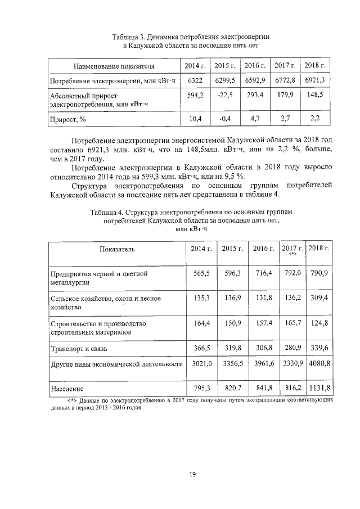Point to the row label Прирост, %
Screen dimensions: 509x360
click(x=70, y=119)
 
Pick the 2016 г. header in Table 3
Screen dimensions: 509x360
click(x=255, y=66)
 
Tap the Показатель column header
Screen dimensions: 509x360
click(x=117, y=249)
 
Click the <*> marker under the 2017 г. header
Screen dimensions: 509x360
click(x=292, y=254)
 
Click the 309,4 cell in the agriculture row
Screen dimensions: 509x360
click(x=319, y=298)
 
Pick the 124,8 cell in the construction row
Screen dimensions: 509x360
click(x=319, y=324)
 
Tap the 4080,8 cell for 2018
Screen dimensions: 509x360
click(x=319, y=364)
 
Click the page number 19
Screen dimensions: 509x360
click(x=192, y=475)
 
